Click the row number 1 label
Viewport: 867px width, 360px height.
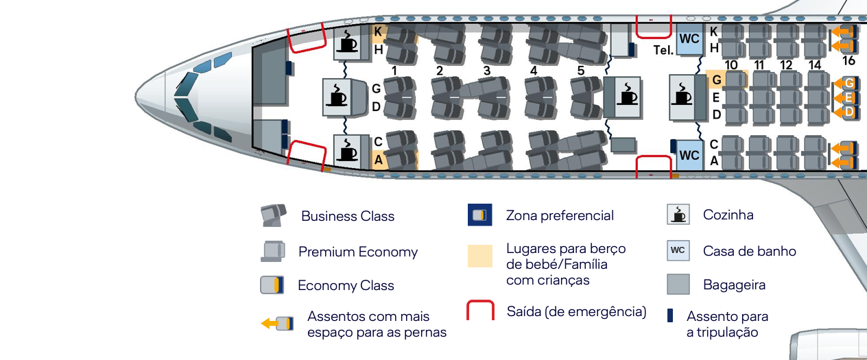click(394, 71)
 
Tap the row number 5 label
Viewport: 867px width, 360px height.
click(580, 71)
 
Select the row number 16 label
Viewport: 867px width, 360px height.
click(848, 61)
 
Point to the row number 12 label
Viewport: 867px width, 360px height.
click(786, 65)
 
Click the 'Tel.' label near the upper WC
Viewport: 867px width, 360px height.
click(663, 51)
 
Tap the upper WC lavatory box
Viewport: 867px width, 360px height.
click(689, 39)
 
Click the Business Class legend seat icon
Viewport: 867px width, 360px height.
click(273, 215)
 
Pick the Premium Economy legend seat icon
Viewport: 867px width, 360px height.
click(273, 251)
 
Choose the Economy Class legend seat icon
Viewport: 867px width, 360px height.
click(272, 285)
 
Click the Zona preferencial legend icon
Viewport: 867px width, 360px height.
click(479, 215)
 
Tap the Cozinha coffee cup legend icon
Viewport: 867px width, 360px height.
click(678, 215)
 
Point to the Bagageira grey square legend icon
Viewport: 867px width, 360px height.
click(678, 284)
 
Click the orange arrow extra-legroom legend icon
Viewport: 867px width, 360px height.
click(277, 324)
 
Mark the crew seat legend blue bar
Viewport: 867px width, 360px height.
click(670, 315)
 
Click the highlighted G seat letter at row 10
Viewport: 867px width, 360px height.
click(716, 80)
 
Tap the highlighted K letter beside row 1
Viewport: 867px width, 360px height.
click(377, 32)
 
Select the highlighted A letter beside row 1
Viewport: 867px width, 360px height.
click(377, 159)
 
